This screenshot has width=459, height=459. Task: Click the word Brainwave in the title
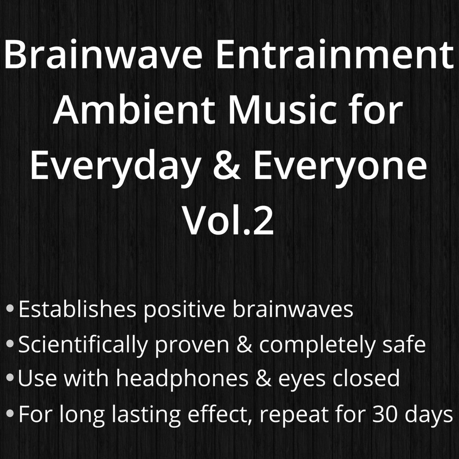103,55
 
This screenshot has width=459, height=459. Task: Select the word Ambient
134,110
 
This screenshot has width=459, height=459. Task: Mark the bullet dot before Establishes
10,308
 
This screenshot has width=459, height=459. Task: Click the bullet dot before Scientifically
10,343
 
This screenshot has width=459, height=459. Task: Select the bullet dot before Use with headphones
10,377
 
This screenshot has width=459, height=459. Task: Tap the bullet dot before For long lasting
10,413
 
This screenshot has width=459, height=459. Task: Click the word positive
185,310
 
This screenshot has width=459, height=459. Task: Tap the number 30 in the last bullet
385,414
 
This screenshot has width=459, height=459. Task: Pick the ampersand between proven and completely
244,345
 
